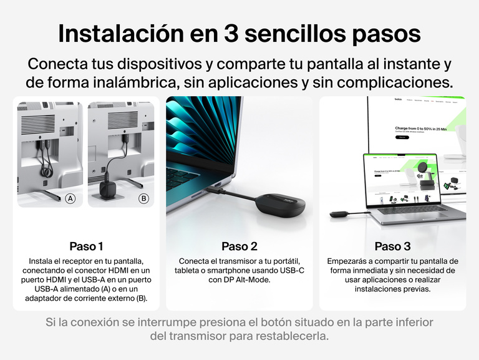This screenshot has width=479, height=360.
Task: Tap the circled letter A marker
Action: [70, 199]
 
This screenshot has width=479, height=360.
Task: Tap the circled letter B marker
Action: [144, 199]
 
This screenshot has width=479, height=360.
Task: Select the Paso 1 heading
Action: [87, 246]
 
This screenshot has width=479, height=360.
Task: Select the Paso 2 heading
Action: [239, 246]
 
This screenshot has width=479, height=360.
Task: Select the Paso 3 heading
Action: [392, 246]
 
